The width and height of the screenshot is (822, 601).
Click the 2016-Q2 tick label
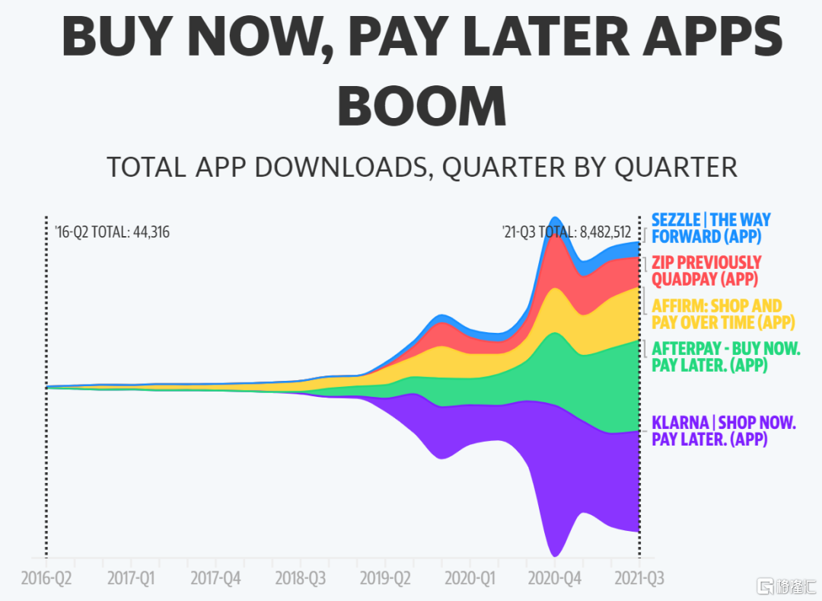[46, 578]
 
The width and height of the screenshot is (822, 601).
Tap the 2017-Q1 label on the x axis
[131, 578]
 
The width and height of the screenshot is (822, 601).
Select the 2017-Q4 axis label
[215, 578]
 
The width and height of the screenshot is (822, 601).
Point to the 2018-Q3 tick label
[301, 578]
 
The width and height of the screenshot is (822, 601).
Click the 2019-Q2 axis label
[385, 578]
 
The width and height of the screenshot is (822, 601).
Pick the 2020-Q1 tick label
[470, 578]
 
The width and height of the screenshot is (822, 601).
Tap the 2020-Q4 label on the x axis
[555, 578]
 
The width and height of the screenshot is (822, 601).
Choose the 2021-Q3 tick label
[639, 578]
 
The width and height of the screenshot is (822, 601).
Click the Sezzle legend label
[711, 228]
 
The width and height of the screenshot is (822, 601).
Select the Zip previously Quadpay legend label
[706, 270]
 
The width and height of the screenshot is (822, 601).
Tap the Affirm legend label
[723, 314]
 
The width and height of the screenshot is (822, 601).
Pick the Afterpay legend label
[726, 356]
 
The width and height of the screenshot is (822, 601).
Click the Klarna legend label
[724, 430]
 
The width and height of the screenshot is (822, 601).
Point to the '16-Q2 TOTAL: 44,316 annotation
[112, 232]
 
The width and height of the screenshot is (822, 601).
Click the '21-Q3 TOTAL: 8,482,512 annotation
[567, 232]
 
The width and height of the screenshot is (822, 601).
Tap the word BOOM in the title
[422, 107]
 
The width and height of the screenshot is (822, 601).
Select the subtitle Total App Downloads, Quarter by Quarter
[422, 168]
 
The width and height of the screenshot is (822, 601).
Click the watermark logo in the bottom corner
[786, 587]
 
